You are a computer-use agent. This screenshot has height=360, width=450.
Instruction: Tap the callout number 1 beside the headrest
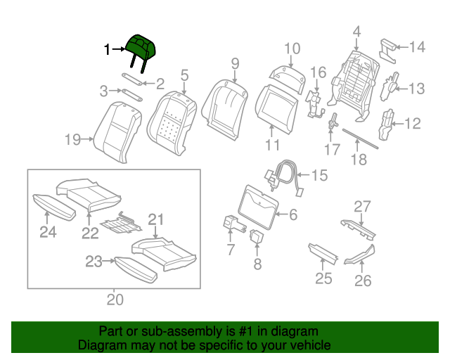[108, 49]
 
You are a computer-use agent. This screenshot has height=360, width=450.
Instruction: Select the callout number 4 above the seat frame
[356, 31]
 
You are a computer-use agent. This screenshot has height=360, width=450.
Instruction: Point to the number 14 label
[417, 47]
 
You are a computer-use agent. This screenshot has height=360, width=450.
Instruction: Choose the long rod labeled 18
[359, 139]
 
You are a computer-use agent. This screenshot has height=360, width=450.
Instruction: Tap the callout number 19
[73, 140]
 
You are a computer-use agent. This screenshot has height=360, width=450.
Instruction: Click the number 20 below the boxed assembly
[115, 300]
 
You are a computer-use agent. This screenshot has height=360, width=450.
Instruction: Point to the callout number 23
[94, 262]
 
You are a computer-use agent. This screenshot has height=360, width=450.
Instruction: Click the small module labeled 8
[257, 236]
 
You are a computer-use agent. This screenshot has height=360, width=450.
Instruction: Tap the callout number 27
[361, 206]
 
